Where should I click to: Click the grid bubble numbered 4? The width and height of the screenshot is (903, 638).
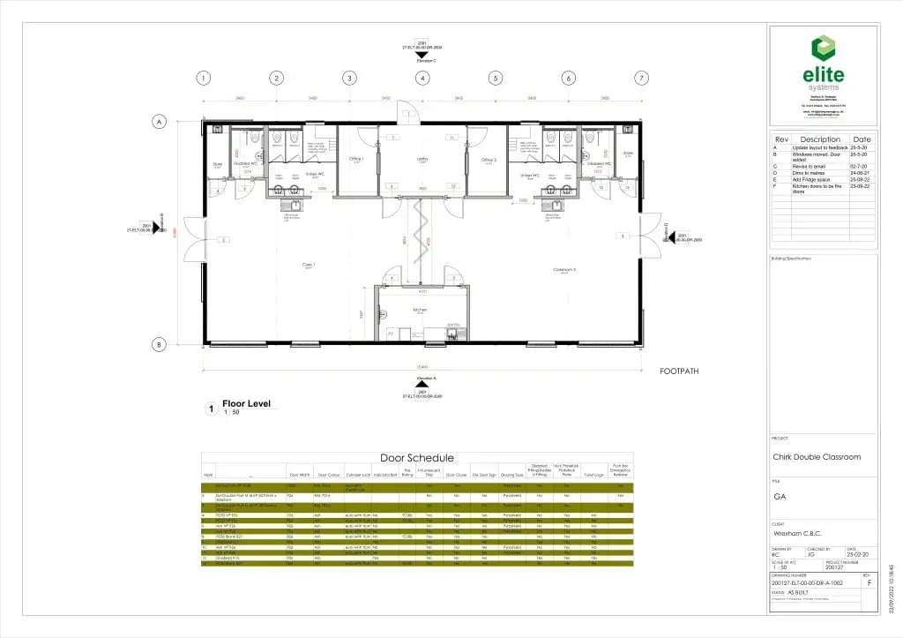422,78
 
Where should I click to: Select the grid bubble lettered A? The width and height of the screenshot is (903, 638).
160,121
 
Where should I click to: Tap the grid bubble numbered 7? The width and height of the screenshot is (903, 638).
641,78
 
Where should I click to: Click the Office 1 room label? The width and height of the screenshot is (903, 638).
357,159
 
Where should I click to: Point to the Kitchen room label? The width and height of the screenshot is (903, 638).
422,310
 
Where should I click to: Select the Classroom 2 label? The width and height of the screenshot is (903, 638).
564,269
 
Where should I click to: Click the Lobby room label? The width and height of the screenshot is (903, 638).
422,159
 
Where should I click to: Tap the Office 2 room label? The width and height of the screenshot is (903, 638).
489,159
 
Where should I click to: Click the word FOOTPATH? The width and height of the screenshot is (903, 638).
679,372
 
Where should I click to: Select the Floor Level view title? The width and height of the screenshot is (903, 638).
246,404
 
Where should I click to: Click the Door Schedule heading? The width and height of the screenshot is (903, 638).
417,457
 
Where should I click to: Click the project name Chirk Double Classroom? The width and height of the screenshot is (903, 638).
817,457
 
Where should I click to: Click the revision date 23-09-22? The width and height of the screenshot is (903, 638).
860,185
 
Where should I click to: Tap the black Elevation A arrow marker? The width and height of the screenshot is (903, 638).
422,385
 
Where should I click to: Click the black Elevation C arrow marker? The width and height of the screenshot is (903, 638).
422,55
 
